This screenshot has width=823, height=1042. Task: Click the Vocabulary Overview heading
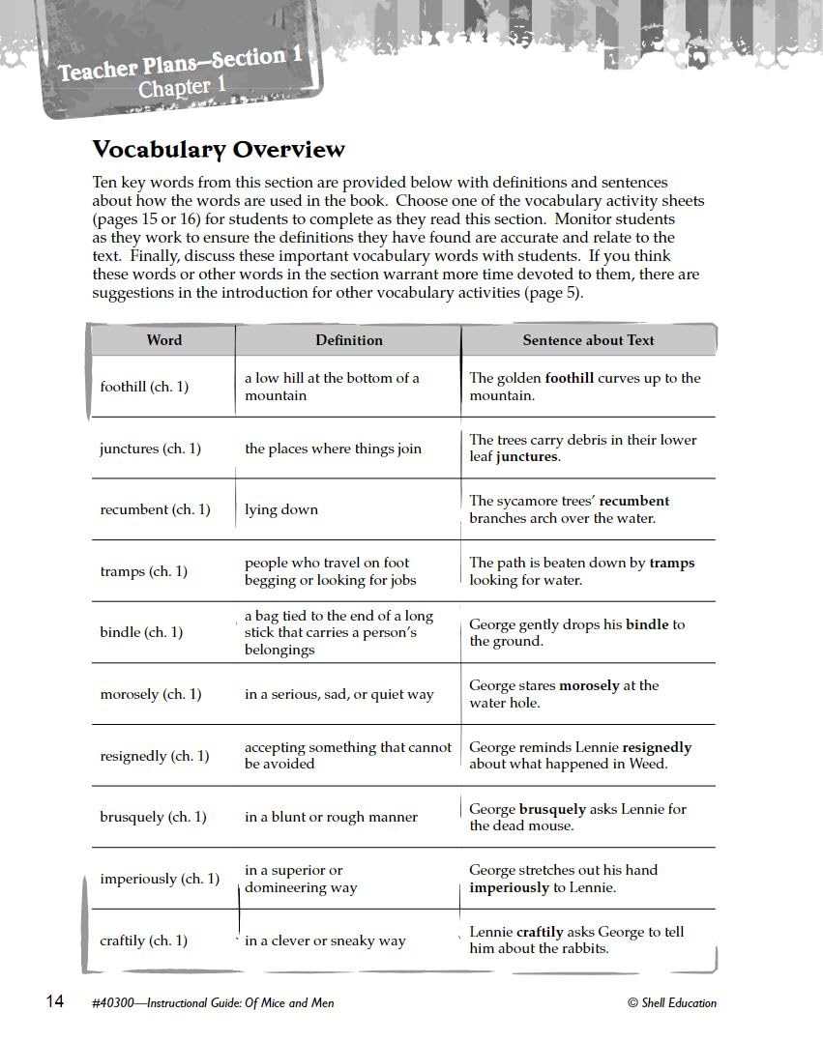click(218, 150)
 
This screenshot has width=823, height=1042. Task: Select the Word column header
click(163, 340)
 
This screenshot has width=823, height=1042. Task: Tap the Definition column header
click(348, 340)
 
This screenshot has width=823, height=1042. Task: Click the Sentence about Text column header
click(588, 340)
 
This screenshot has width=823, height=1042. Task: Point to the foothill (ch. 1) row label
click(144, 387)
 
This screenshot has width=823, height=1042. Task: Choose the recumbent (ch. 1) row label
click(155, 509)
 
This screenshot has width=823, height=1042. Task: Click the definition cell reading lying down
click(280, 509)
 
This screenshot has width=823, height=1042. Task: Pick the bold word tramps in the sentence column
click(671, 563)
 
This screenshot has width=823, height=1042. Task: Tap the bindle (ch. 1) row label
click(140, 632)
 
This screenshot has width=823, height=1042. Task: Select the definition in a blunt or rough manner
click(331, 817)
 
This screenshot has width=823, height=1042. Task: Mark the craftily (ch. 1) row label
click(143, 941)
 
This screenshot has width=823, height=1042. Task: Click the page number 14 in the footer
click(55, 1001)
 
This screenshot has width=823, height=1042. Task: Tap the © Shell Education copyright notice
click(671, 1002)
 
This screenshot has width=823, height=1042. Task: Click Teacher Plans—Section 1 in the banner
click(180, 65)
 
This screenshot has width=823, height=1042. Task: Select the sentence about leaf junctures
click(582, 448)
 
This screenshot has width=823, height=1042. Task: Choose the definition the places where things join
click(333, 449)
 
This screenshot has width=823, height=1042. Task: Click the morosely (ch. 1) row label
click(150, 694)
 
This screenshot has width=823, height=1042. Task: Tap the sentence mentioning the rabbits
click(576, 940)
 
